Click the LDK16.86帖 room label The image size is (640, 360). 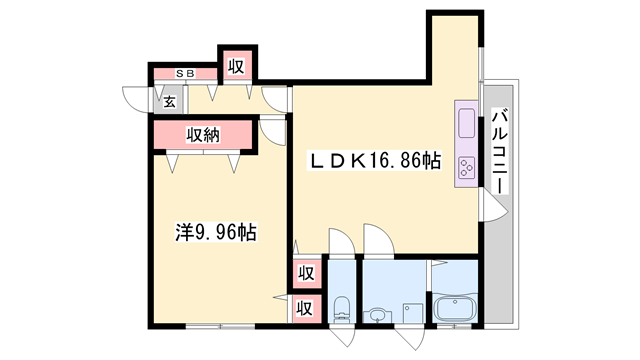tap(374, 160)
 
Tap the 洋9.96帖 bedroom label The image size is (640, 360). tap(216, 232)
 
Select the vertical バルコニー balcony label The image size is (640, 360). tap(500, 151)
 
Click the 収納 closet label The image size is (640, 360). tap(203, 135)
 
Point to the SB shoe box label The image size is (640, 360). tap(185, 73)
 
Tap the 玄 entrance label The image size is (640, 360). tap(169, 102)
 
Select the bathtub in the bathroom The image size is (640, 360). tap(454, 307)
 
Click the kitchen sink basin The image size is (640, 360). tap(466, 123)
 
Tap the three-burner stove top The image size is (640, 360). tap(466, 167)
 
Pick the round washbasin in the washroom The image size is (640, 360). tap(378, 315)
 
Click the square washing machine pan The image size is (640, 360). tap(413, 313)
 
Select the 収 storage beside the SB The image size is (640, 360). tap(236, 66)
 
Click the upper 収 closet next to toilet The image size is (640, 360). tap(306, 273)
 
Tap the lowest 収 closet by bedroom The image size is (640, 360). tap(305, 309)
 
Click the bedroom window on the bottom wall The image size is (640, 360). tap(220, 326)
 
